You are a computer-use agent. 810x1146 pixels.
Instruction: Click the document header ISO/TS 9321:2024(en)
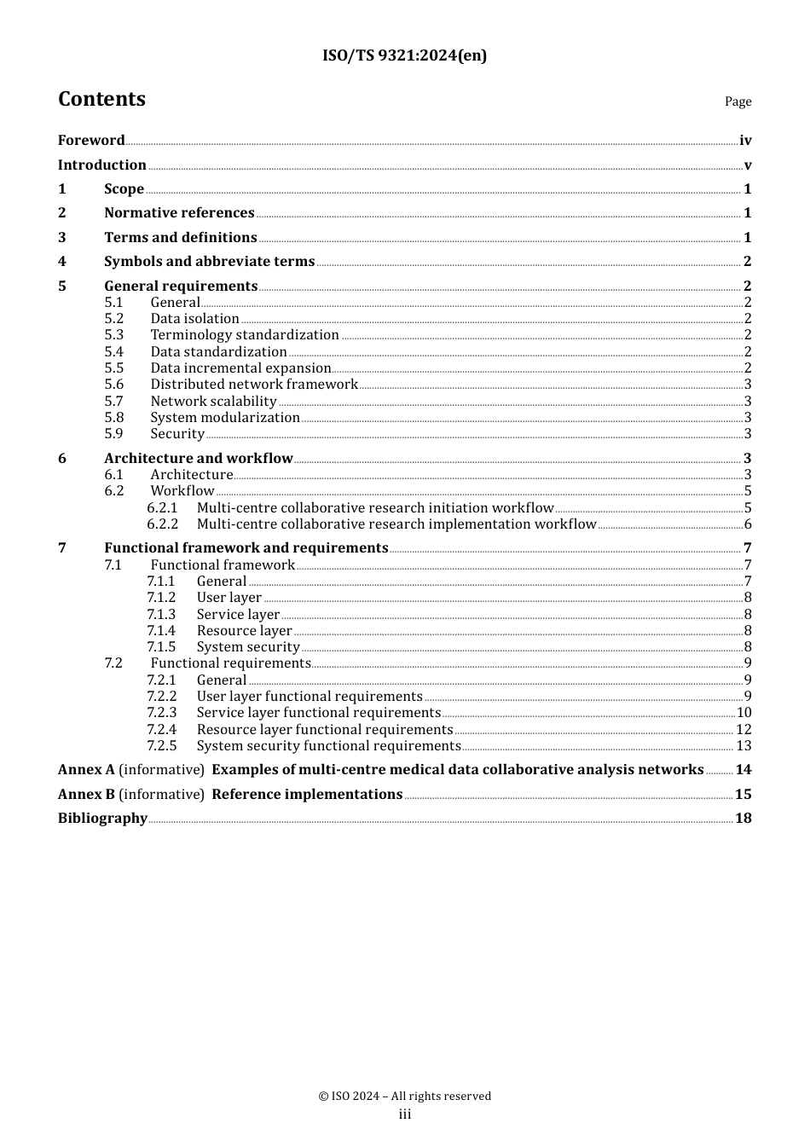click(404, 55)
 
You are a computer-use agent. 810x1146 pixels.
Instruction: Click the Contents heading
click(101, 99)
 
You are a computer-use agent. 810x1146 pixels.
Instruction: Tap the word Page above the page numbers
click(738, 101)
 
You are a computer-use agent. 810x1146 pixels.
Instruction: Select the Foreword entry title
click(91, 140)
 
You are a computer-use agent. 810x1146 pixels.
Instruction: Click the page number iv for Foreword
click(745, 141)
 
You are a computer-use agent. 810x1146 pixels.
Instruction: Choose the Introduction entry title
click(102, 165)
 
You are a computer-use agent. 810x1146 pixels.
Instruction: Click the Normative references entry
click(179, 212)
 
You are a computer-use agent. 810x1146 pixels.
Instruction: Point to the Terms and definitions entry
click(180, 237)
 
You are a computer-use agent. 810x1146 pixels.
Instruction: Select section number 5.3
click(114, 335)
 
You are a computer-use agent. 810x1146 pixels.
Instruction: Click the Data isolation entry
click(194, 319)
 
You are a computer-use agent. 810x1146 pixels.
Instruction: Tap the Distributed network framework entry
click(254, 385)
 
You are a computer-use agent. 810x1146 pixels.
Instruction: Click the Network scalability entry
click(213, 401)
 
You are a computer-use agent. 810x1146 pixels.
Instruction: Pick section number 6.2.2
click(162, 524)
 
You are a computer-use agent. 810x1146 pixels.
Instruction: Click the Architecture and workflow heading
click(198, 458)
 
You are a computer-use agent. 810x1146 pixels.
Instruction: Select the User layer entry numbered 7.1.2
click(229, 598)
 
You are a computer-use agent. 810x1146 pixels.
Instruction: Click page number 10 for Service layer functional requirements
click(743, 713)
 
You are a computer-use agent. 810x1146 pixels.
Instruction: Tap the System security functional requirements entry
click(328, 746)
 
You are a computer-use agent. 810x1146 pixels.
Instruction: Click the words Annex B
click(86, 794)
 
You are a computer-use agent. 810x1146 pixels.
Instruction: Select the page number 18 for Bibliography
click(743, 819)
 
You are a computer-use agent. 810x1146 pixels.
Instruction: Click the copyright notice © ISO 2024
click(404, 1096)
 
